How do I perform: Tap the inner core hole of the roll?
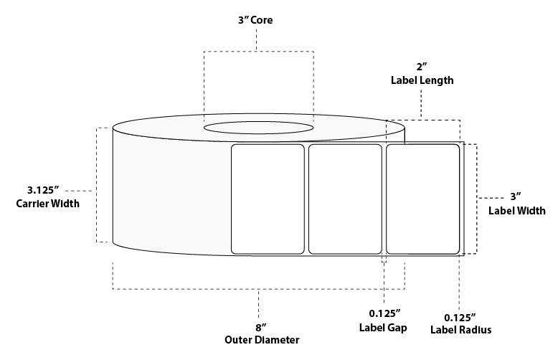tap(258, 128)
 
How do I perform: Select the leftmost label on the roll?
tap(268, 199)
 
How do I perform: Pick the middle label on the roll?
tap(345, 199)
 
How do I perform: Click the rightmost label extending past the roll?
tap(423, 199)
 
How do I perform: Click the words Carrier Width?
tap(47, 204)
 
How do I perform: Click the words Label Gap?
tap(384, 328)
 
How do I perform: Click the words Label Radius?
tap(460, 330)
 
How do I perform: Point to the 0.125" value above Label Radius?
tap(460, 316)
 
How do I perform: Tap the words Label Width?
tap(516, 211)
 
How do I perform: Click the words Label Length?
tap(422, 80)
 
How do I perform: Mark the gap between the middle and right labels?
tap(384, 199)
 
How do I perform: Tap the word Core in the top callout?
tap(263, 20)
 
